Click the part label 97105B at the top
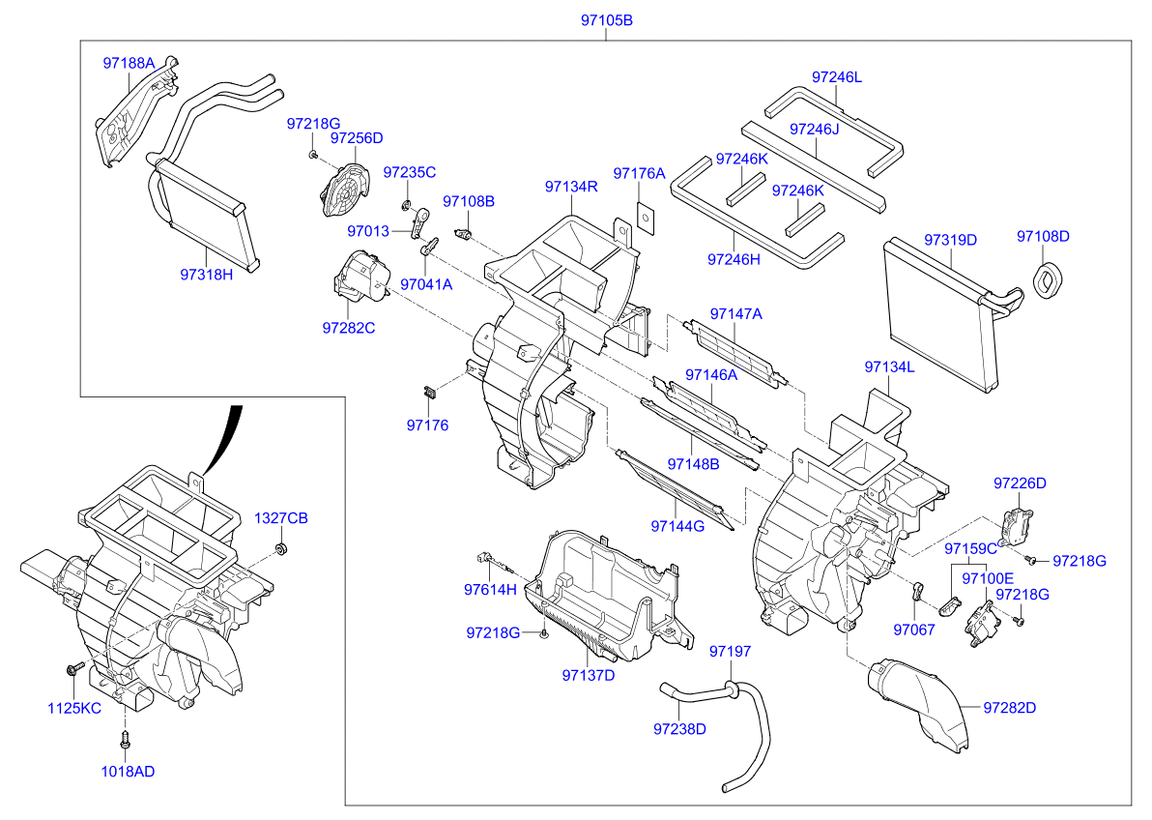[x=607, y=20]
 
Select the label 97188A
[x=129, y=64]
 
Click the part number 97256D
[x=357, y=138]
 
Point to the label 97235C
[x=409, y=172]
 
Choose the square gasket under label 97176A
[x=643, y=218]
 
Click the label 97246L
[x=836, y=76]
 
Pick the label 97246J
[x=814, y=129]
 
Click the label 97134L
[x=889, y=367]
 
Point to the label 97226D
[x=1020, y=483]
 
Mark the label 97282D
[x=1009, y=708]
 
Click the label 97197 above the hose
[x=730, y=652]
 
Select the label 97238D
[x=679, y=728]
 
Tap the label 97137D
[x=588, y=675]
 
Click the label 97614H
[x=490, y=589]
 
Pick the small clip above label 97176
[x=428, y=392]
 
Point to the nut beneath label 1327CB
[x=281, y=549]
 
